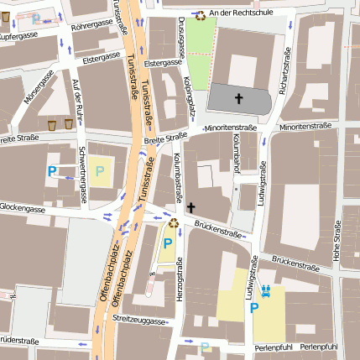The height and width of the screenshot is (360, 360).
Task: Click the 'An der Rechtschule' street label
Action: (x=245, y=13)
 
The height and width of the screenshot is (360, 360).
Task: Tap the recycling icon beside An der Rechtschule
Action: (x=201, y=14)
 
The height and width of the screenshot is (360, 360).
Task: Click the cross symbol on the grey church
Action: (x=237, y=99)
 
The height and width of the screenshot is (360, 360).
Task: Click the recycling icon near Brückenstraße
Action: (x=174, y=222)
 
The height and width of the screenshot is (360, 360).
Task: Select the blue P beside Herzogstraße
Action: (x=167, y=243)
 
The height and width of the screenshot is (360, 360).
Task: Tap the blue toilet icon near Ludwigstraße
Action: (x=266, y=291)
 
